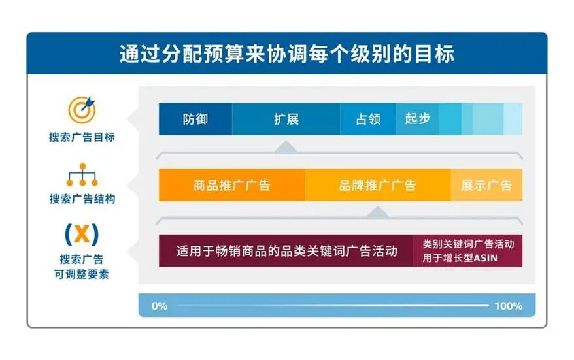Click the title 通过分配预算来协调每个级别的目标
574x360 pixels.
[x=286, y=54]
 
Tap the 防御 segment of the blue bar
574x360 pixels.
[x=195, y=120]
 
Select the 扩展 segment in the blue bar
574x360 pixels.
[x=286, y=120]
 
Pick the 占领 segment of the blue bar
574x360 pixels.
[x=367, y=120]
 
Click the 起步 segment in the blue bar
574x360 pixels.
[x=417, y=120]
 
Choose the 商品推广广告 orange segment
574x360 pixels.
[x=231, y=185]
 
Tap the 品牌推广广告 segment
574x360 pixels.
[x=377, y=185]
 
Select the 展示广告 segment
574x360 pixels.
[x=486, y=185]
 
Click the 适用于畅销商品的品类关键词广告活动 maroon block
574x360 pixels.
[x=286, y=251]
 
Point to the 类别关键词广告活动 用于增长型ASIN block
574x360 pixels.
[x=468, y=251]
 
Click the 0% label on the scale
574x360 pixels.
[x=160, y=306]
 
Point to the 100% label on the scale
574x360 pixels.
[x=508, y=306]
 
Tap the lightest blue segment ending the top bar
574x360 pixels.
[x=513, y=120]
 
